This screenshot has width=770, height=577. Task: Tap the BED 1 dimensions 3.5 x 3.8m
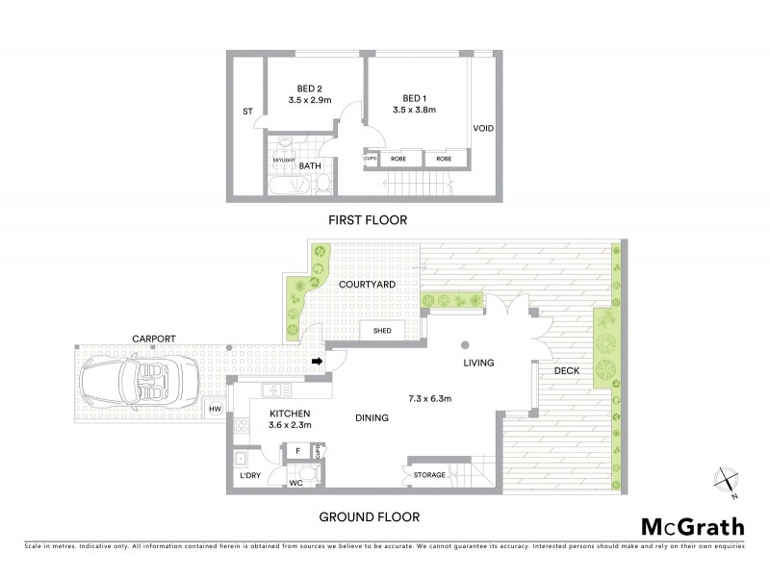415,110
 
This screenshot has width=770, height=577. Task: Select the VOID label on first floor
483,129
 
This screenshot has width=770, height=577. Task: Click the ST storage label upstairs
247,112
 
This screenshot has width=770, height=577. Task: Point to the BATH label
310,166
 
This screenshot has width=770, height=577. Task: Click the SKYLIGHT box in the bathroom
282,160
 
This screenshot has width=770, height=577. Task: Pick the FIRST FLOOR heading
368,220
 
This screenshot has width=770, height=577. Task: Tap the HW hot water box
216,410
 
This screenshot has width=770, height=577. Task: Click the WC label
295,483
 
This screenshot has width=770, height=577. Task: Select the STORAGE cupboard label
430,474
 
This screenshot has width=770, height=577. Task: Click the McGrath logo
692,526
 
